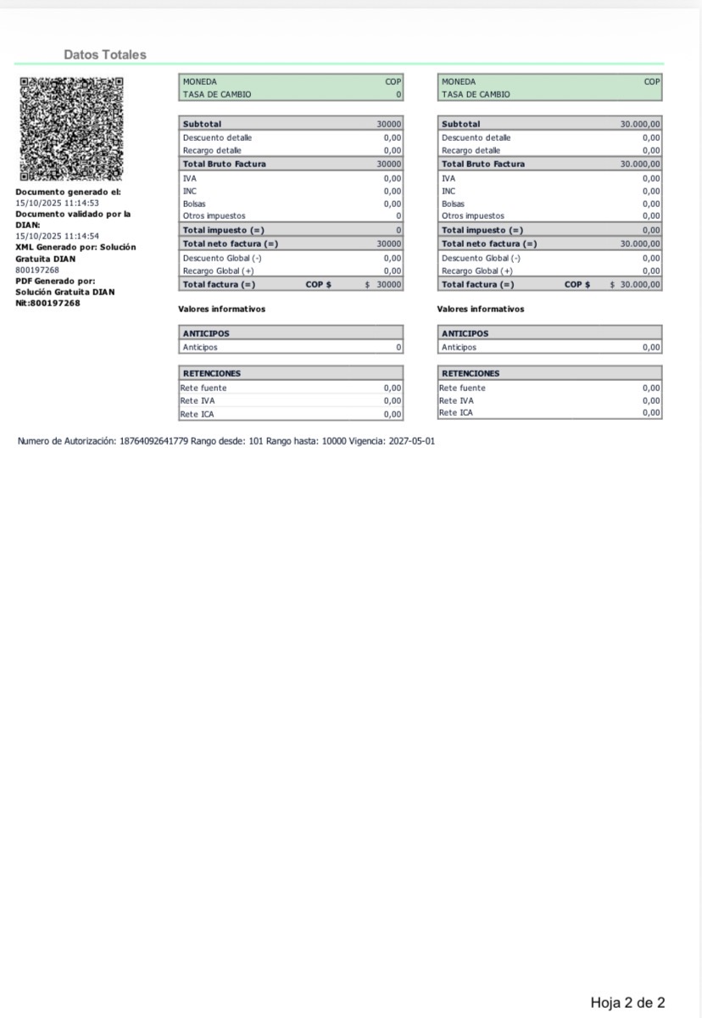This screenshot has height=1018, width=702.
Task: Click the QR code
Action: (71, 129)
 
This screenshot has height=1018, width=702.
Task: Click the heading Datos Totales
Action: (105, 54)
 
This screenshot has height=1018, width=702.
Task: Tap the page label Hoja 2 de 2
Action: (627, 1003)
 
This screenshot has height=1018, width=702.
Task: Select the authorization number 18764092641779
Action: (153, 441)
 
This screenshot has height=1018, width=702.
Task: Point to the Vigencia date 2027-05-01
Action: (411, 441)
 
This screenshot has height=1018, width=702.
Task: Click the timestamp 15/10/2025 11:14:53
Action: (58, 203)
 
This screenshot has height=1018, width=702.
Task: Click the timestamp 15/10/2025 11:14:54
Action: (58, 236)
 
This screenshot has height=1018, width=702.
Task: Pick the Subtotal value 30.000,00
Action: (640, 124)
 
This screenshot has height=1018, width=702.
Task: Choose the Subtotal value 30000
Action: (389, 124)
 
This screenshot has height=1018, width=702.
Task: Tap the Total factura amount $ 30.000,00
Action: (635, 284)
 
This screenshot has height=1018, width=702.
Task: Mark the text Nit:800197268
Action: (48, 303)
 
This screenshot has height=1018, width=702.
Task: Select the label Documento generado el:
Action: (68, 192)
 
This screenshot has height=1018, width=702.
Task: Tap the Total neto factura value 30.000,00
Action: (640, 243)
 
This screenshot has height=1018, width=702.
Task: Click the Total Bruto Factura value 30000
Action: (389, 164)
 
